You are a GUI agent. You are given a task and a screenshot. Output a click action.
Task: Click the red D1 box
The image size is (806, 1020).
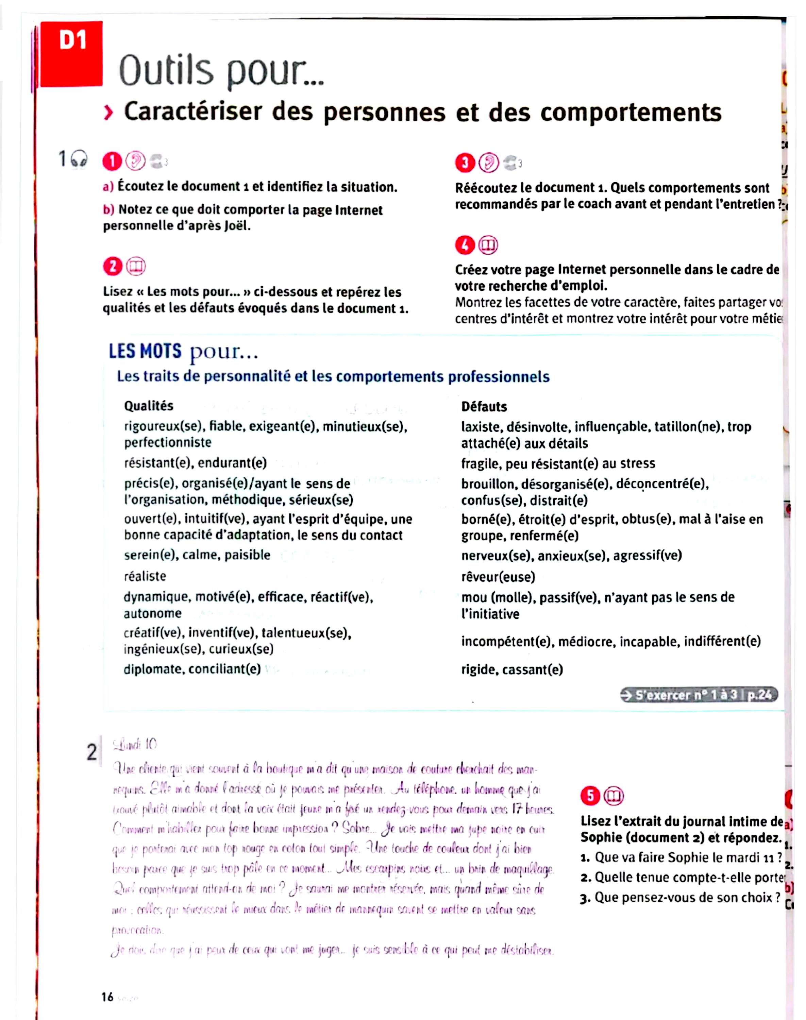tap(72, 53)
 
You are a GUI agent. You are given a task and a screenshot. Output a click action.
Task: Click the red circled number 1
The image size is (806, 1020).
tap(112, 162)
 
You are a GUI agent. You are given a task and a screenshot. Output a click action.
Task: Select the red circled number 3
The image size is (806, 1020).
tap(465, 163)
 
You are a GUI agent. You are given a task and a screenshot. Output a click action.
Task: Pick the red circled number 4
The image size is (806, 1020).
tap(465, 245)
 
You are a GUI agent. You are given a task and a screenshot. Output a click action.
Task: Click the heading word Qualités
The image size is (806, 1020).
tap(149, 406)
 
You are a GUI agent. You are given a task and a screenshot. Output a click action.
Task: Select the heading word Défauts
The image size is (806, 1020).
tap(484, 407)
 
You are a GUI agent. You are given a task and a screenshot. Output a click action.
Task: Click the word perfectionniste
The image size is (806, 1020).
tap(168, 443)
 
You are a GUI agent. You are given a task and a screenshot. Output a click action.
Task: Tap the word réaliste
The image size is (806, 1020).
tap(145, 576)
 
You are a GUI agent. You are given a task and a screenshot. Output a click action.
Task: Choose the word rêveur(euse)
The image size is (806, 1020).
tap(498, 577)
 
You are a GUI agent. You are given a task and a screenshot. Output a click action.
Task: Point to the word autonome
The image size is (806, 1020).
tap(152, 613)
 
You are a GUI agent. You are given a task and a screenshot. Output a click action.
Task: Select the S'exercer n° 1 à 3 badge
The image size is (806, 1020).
tap(699, 695)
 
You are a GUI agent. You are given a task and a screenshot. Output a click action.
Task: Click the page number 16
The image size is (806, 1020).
tap(107, 997)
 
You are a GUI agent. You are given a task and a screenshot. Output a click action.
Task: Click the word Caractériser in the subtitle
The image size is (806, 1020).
tap(192, 112)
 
